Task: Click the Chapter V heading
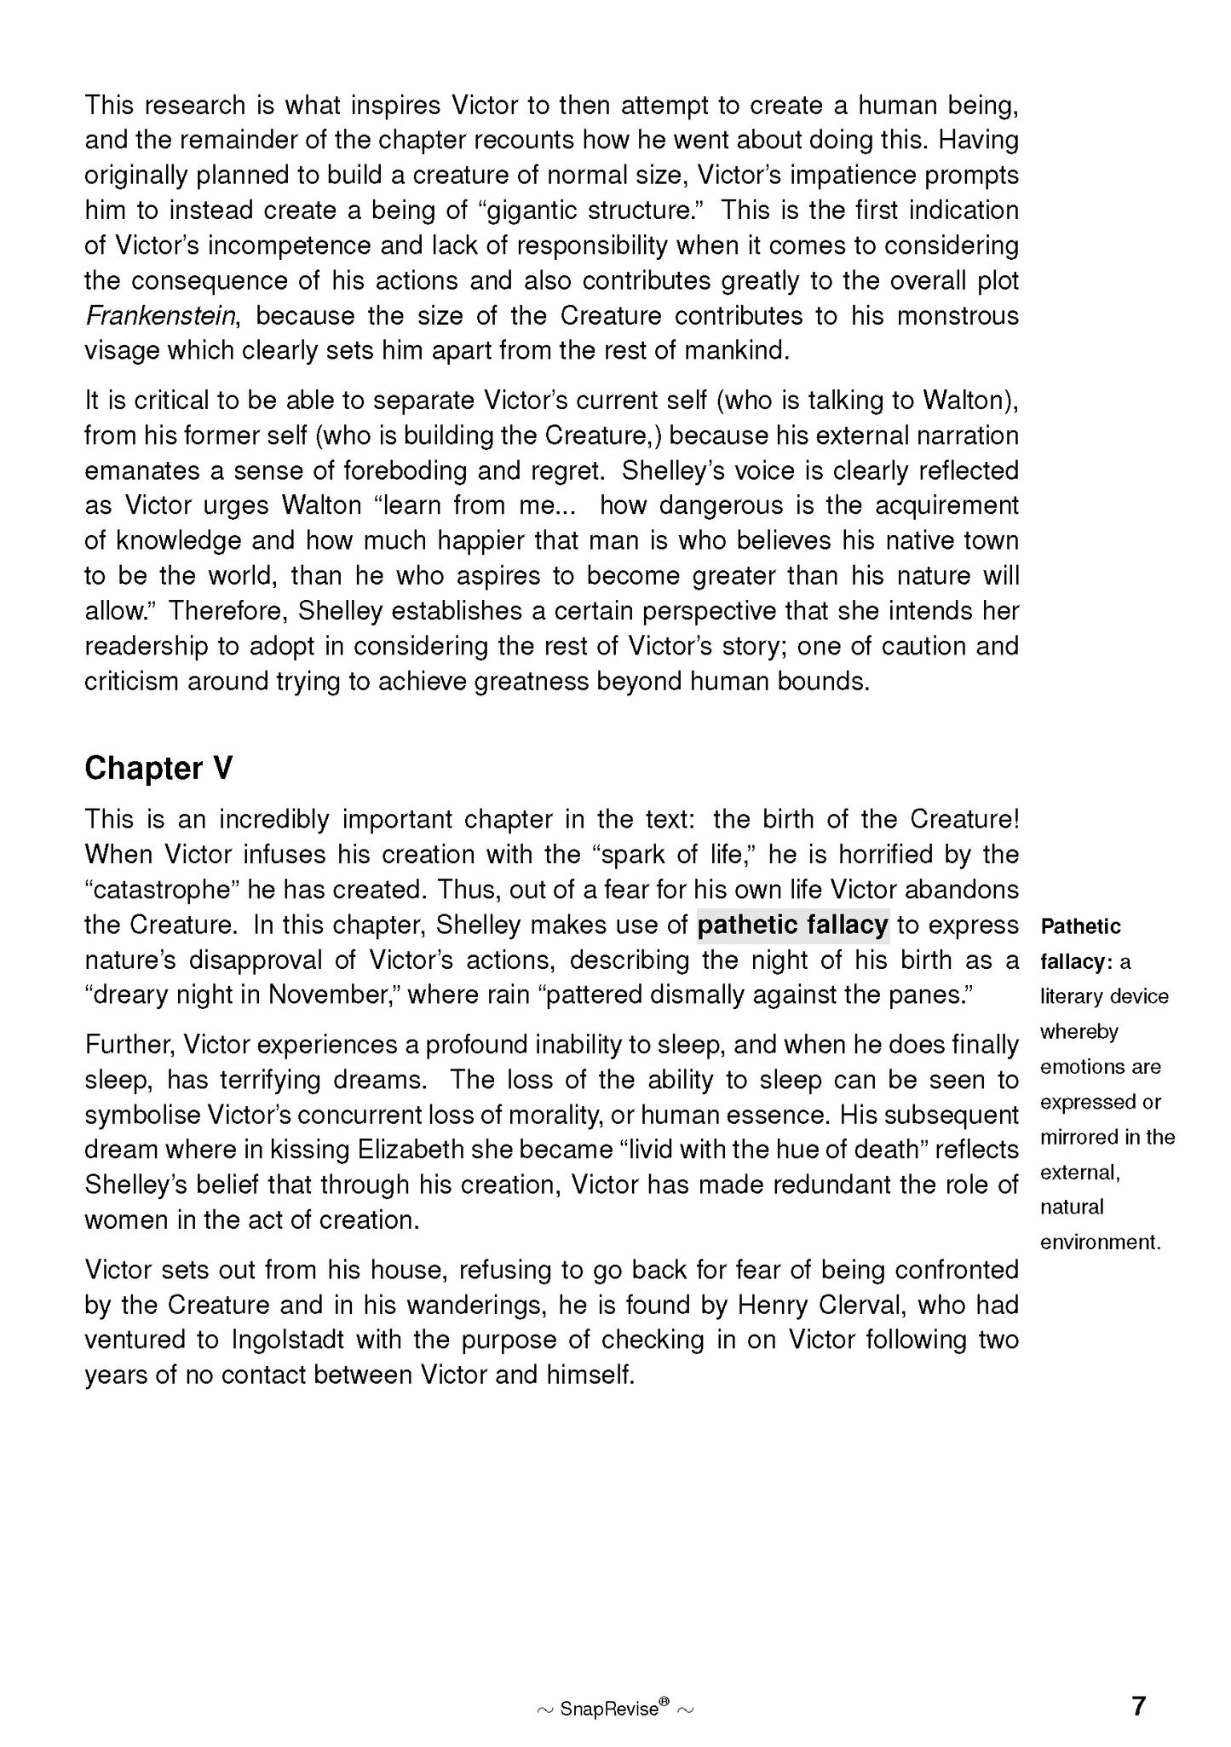coord(158,768)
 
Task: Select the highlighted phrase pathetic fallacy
coord(792,925)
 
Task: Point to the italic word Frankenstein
coord(160,316)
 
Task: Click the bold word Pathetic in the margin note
coord(1080,926)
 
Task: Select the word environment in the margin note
coord(1099,1242)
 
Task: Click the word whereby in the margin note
coord(1079,1031)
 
